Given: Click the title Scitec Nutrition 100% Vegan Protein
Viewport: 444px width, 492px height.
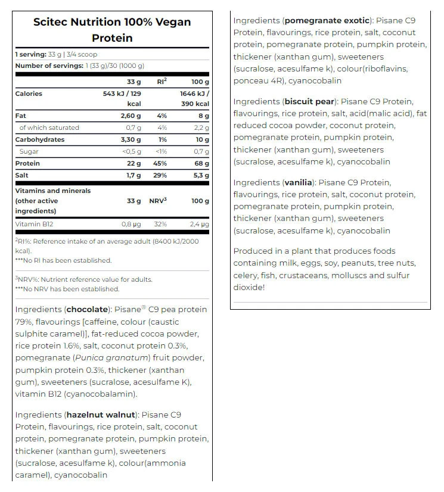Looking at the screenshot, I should pyautogui.click(x=112, y=30).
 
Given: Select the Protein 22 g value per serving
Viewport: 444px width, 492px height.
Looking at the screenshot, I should pyautogui.click(x=133, y=163).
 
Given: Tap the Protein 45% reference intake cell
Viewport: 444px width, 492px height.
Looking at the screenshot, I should pyautogui.click(x=162, y=163).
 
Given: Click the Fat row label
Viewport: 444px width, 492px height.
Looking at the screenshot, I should pyautogui.click(x=20, y=116).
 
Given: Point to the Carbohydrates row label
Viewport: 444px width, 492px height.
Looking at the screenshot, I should pyautogui.click(x=40, y=139).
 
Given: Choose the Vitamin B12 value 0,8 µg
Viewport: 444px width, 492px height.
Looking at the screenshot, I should pyautogui.click(x=131, y=224).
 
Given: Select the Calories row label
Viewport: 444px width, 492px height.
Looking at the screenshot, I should pyautogui.click(x=29, y=94).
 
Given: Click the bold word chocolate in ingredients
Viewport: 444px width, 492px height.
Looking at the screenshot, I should pyautogui.click(x=88, y=310).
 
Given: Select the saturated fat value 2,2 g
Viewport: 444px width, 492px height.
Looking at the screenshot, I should pyautogui.click(x=201, y=127).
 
